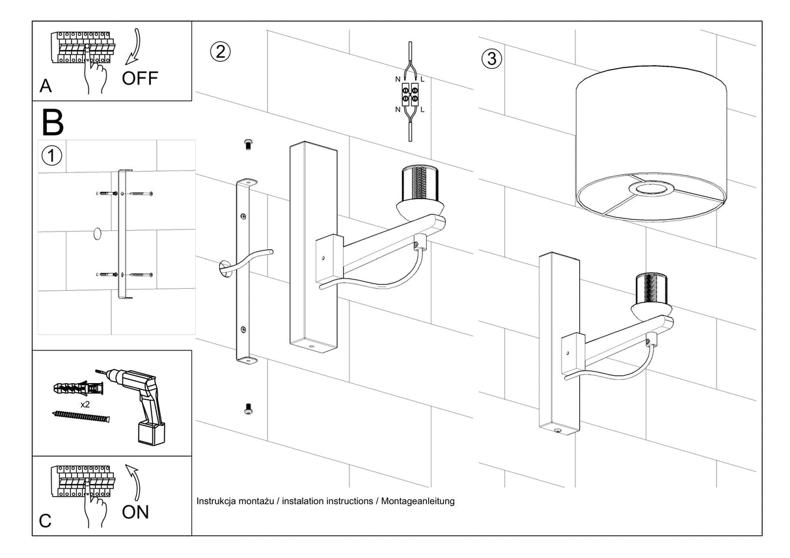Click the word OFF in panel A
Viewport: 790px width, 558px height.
click(140, 78)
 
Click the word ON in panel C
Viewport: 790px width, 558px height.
click(135, 512)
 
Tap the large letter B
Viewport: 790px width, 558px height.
click(53, 122)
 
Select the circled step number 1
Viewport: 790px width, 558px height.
click(51, 155)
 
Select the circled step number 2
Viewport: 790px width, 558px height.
click(221, 52)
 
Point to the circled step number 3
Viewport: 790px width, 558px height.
click(491, 59)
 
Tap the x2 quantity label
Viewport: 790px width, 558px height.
click(85, 405)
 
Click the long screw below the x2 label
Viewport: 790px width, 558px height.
click(81, 417)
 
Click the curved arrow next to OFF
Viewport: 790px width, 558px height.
click(134, 47)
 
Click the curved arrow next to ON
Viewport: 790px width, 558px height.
click(133, 482)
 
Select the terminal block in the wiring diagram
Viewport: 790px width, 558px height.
click(410, 94)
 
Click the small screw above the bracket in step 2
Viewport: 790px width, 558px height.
click(248, 144)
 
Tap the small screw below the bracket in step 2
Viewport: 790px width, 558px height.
click(248, 409)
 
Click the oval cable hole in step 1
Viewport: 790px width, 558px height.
click(98, 233)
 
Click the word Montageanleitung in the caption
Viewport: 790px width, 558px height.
click(418, 501)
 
